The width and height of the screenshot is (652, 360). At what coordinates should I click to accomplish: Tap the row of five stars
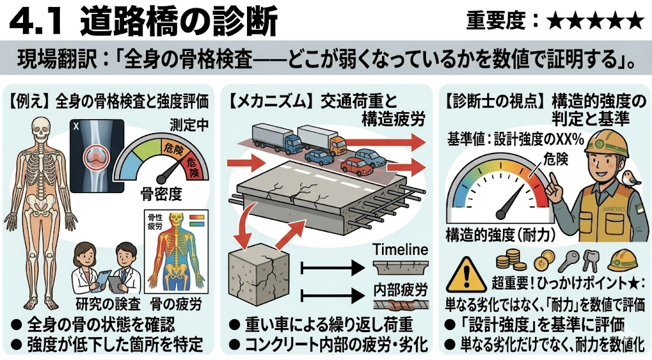[595, 21]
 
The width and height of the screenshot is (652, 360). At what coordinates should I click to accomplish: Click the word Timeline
[400, 250]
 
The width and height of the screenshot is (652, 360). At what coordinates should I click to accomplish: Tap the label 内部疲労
[400, 289]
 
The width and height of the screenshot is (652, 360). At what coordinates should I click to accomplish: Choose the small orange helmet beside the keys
[623, 260]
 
